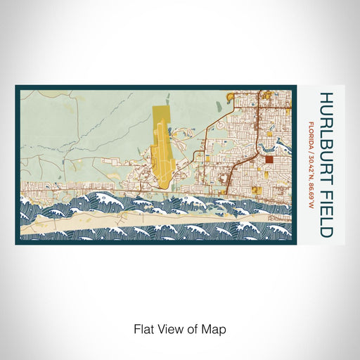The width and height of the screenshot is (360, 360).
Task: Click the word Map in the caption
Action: [218, 328]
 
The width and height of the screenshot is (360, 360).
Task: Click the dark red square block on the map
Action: [269, 160]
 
